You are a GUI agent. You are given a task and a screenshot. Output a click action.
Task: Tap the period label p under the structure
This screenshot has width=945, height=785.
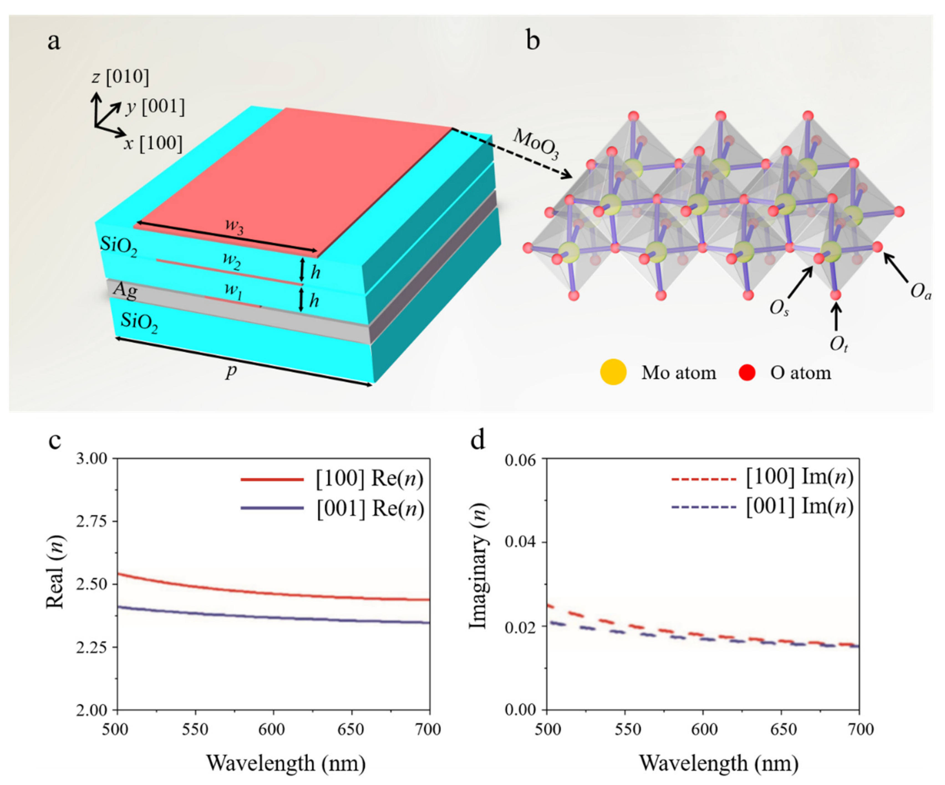click(x=231, y=372)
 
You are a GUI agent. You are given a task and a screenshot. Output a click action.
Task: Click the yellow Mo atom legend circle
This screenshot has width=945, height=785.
click(x=613, y=373)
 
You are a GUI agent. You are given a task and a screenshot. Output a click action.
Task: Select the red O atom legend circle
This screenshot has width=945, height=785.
click(x=747, y=373)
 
